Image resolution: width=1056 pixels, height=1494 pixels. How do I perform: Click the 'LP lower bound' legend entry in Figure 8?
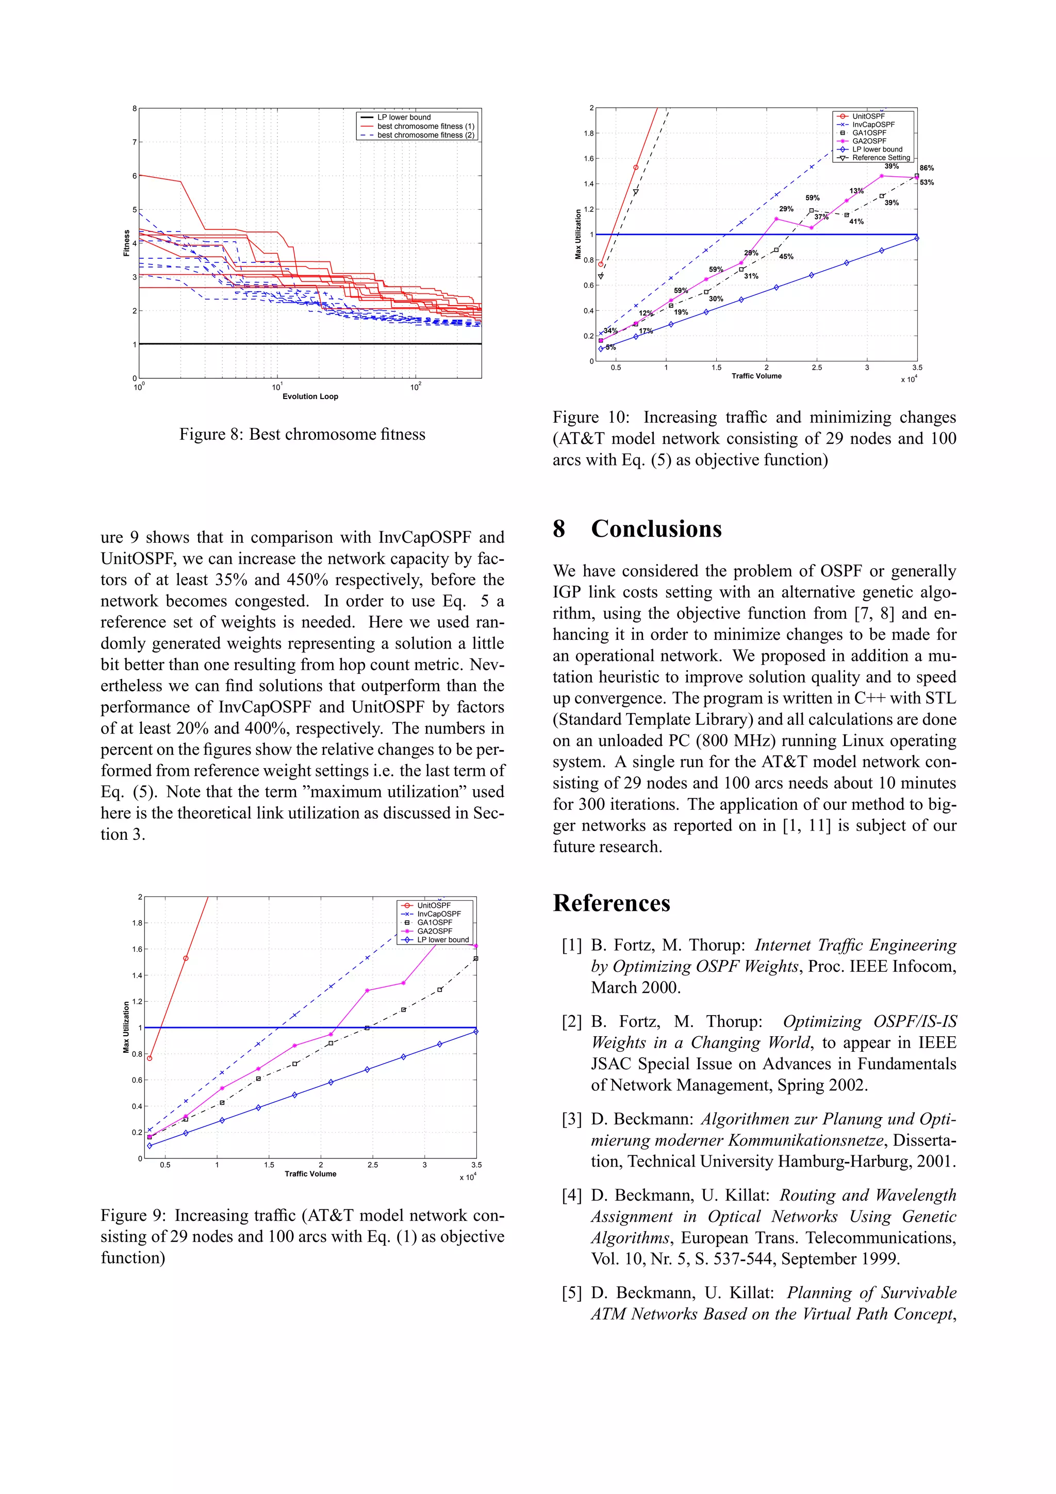click(404, 117)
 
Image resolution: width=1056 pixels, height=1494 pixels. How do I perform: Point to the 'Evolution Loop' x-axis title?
click(310, 396)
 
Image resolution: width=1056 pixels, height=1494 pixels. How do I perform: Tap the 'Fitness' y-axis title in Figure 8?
click(126, 243)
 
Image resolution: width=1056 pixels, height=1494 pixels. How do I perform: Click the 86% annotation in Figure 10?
click(927, 168)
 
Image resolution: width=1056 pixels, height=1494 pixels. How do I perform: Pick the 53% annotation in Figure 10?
click(927, 182)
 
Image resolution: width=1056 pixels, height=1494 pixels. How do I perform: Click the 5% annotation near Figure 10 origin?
click(610, 347)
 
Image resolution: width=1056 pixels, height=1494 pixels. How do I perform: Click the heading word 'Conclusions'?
click(656, 528)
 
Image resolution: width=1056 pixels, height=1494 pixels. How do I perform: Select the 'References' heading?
click(611, 903)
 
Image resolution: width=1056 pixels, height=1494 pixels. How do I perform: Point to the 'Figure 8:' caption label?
click(211, 435)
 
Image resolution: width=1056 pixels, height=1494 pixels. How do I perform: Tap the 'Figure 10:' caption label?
click(590, 417)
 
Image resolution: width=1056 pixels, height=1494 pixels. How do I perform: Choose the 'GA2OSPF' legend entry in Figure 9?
click(434, 931)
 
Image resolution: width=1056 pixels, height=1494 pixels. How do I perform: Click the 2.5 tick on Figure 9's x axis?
click(372, 1165)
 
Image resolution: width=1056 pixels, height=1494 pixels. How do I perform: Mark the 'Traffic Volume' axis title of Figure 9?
click(310, 1174)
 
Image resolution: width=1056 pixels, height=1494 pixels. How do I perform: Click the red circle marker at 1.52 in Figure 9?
click(186, 958)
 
